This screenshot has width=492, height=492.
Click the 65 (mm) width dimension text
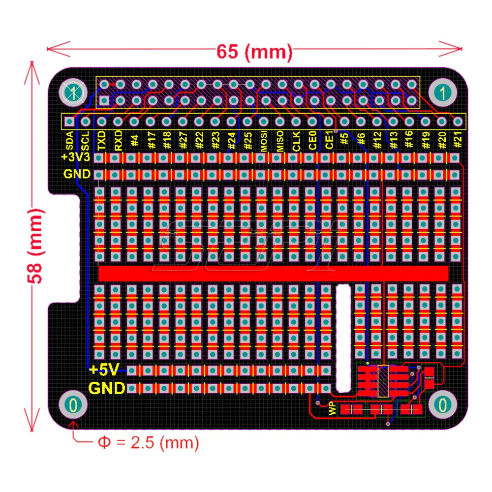[254, 50]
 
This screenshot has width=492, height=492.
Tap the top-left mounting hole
[73, 92]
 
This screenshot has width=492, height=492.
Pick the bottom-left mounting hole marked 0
[73, 405]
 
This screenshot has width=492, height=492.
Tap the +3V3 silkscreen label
[76, 157]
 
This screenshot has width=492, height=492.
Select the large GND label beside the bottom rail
[106, 389]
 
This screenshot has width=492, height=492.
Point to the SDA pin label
[70, 141]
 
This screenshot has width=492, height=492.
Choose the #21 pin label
[458, 141]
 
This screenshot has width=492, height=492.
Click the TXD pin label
[102, 141]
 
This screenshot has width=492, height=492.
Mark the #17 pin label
[151, 141]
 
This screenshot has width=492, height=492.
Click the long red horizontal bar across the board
[273, 273]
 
